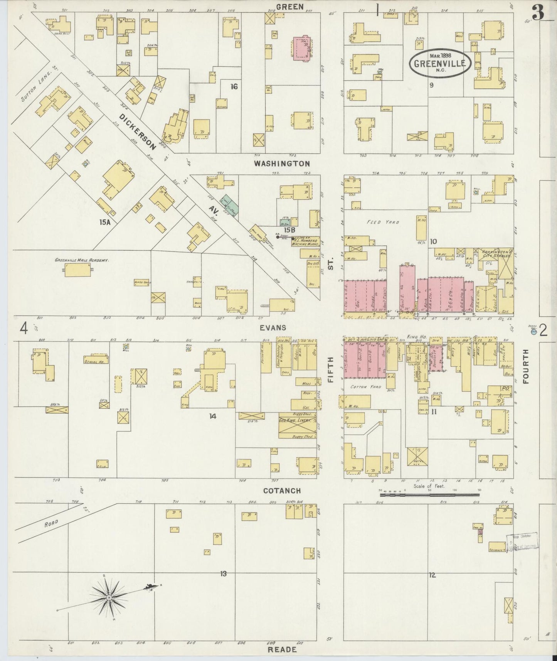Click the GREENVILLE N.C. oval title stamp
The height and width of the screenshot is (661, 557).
click(439, 64)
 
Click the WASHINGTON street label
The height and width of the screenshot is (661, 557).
click(282, 164)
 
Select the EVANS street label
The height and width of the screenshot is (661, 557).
click(273, 327)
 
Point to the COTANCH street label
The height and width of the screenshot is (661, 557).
click(282, 491)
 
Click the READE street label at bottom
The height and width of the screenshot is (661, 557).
click(282, 649)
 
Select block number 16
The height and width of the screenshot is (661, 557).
click(234, 87)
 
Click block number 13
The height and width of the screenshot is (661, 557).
click(223, 574)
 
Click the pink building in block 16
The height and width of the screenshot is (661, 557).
click(303, 48)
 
